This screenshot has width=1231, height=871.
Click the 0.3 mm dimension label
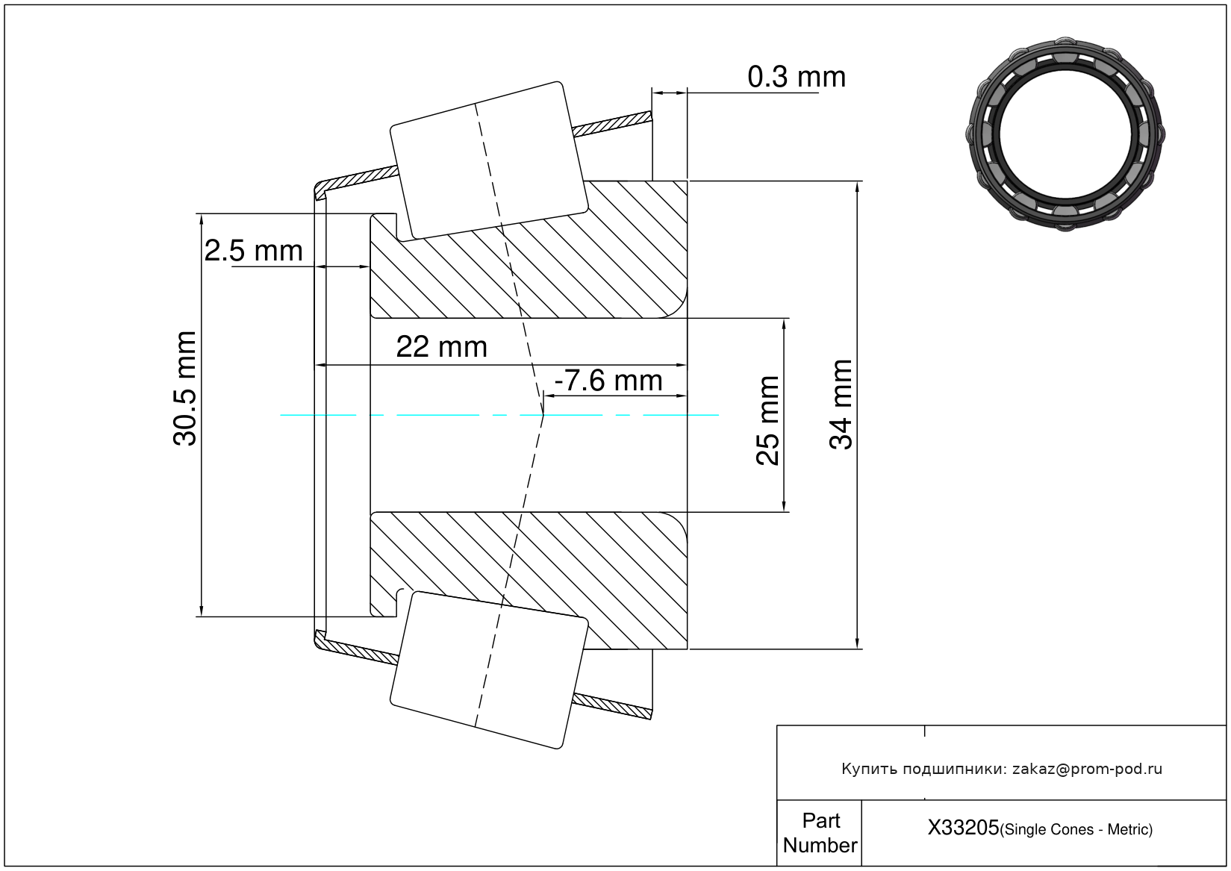[x=796, y=77]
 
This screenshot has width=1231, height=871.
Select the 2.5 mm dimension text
[x=253, y=251]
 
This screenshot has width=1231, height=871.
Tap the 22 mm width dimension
[x=441, y=347]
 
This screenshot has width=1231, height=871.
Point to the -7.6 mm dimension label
[x=608, y=381]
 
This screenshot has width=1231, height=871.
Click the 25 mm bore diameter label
[x=767, y=421]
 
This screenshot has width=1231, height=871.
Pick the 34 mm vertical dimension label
[x=841, y=405]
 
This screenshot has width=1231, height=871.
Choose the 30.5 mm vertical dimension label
[x=185, y=389]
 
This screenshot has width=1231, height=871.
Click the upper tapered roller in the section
[x=489, y=160]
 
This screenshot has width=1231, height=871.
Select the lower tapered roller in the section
[x=489, y=669]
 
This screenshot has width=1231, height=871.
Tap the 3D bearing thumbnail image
[x=1065, y=133]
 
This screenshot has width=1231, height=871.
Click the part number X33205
[x=963, y=828]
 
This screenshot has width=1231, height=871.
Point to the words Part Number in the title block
[x=820, y=833]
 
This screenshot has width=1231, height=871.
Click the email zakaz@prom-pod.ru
[x=1087, y=769]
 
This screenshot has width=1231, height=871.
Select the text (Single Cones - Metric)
[x=1076, y=829]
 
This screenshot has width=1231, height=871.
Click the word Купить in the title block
[x=869, y=769]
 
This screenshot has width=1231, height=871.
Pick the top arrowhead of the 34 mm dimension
[x=857, y=187]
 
